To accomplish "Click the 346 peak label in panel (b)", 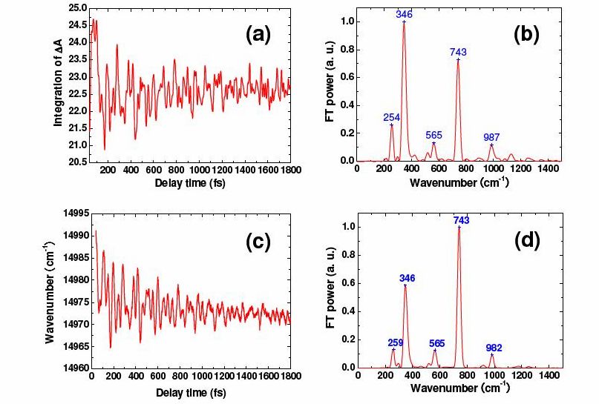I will click(404, 14).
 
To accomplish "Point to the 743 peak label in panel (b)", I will click(458, 52).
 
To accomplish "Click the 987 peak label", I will click(492, 137).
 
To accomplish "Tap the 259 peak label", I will click(396, 342).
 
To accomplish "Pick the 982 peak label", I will click(494, 347).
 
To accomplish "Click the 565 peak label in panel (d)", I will click(436, 343).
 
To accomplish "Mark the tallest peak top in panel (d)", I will click(459, 228).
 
